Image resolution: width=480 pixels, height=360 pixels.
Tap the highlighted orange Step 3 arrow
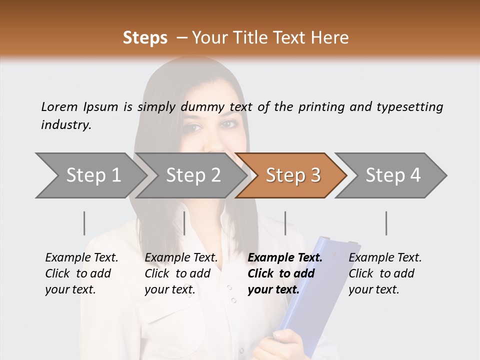tap(292, 175)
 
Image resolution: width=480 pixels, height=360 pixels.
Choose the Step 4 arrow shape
tap(392, 175)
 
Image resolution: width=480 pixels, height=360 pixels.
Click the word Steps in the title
tap(145, 37)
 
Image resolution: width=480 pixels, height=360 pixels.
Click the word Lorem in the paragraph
tap(59, 106)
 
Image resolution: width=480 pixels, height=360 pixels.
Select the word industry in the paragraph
tap(66, 125)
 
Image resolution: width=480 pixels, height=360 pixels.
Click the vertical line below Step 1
tap(84, 223)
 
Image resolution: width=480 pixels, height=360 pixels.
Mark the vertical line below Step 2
tap(184, 223)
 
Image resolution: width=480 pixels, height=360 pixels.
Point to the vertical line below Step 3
tap(285, 223)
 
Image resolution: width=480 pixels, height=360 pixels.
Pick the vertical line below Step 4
tap(386, 223)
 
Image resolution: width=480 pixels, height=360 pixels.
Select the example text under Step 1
tap(81, 273)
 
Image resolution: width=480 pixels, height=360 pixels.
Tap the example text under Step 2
tap(180, 273)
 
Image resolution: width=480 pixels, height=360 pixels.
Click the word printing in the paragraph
tap(322, 106)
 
